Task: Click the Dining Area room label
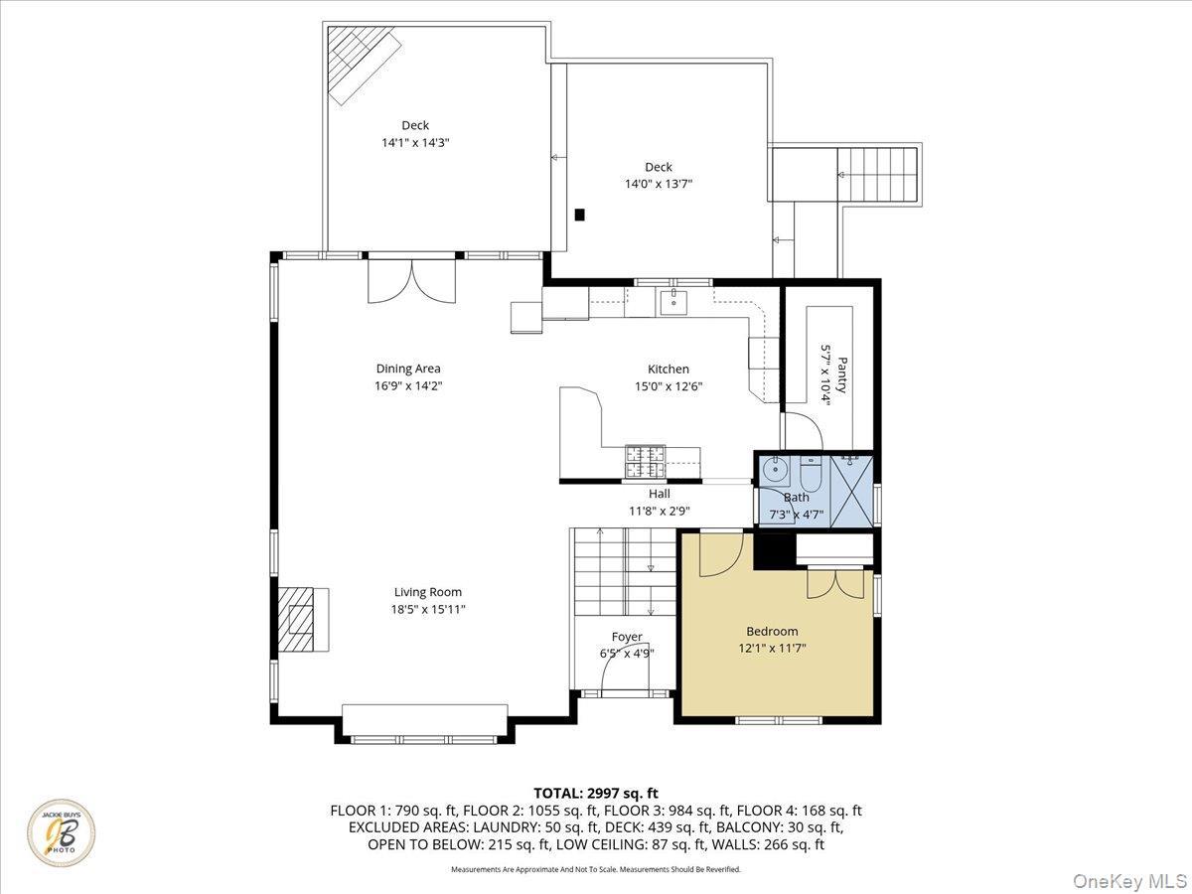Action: (x=407, y=369)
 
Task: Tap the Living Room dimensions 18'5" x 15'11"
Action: (x=429, y=609)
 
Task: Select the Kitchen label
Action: (x=668, y=369)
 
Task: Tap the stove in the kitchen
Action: (x=645, y=459)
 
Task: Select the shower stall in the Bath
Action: (x=850, y=490)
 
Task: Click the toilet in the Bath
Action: (x=810, y=473)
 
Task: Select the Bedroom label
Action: (x=772, y=631)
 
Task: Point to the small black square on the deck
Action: (x=580, y=214)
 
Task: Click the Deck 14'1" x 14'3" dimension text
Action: (x=415, y=142)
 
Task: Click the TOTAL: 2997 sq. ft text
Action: (x=596, y=793)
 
